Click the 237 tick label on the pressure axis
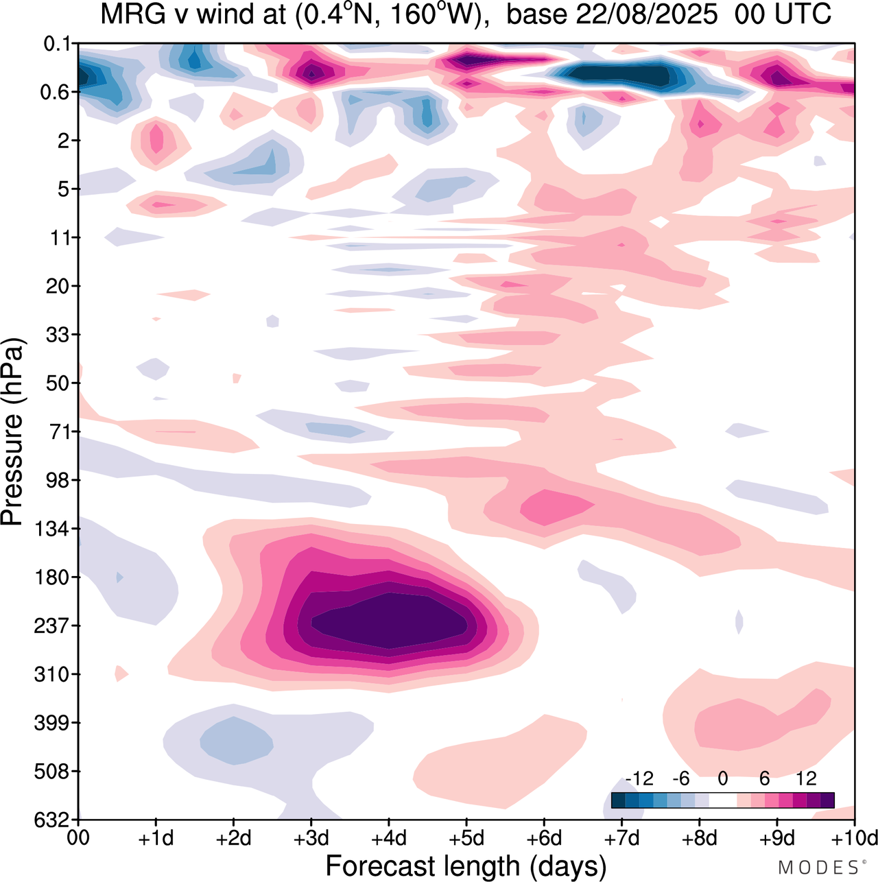pyautogui.click(x=52, y=626)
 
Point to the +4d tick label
pyautogui.click(x=389, y=838)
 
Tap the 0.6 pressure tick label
pyautogui.click(x=56, y=93)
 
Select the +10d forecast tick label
pyautogui.click(x=855, y=838)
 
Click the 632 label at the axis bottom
pyautogui.click(x=52, y=820)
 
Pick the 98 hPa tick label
pyautogui.click(x=58, y=480)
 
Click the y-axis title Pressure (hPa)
pyautogui.click(x=14, y=432)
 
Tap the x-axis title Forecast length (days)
pyautogui.click(x=466, y=866)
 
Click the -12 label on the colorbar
pyautogui.click(x=639, y=778)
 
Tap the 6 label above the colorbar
pyautogui.click(x=765, y=778)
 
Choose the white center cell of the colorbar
pyautogui.click(x=722, y=800)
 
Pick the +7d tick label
pyautogui.click(x=621, y=838)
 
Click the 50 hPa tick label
pyautogui.click(x=58, y=383)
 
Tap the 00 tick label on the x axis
pyautogui.click(x=79, y=838)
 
